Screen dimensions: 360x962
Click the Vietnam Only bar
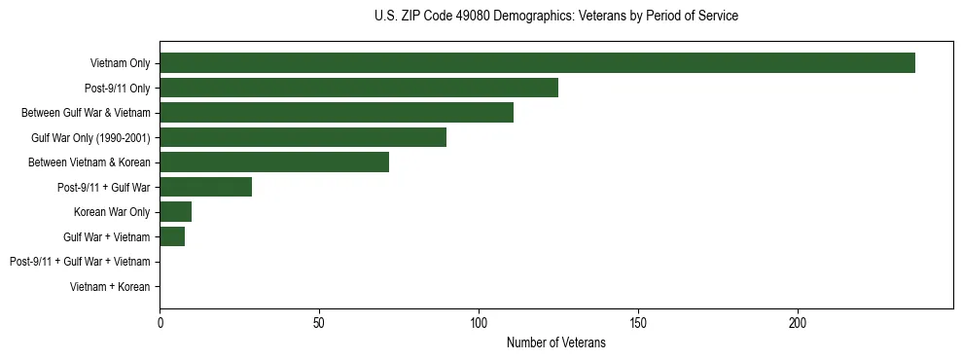pyautogui.click(x=537, y=63)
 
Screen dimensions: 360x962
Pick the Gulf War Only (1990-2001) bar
pyautogui.click(x=303, y=138)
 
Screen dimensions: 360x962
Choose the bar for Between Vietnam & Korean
pyautogui.click(x=274, y=162)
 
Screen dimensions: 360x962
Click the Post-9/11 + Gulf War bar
pyautogui.click(x=205, y=187)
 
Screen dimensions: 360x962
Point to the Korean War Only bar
pyautogui.click(x=175, y=212)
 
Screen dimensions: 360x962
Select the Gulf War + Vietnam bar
pyautogui.click(x=172, y=236)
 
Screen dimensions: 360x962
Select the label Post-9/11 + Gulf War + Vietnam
pyautogui.click(x=80, y=262)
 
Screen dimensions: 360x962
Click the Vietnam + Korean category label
pyautogui.click(x=110, y=287)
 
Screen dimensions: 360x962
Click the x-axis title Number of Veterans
pyautogui.click(x=555, y=343)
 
